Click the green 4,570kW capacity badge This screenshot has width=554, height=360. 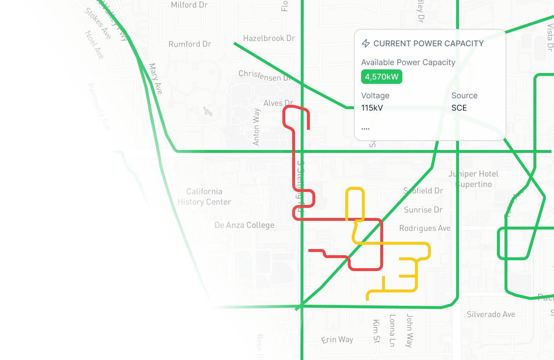click(x=381, y=77)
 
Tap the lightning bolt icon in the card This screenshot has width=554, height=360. click(x=366, y=43)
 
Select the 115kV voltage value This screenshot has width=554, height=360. click(x=372, y=108)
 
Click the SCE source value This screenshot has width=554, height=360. click(x=459, y=108)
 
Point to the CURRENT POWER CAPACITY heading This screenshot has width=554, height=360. click(x=428, y=43)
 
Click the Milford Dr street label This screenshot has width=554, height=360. click(x=189, y=5)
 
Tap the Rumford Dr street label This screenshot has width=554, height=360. click(x=190, y=44)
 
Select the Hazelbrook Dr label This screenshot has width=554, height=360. click(x=269, y=38)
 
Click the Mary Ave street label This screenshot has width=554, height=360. click(x=156, y=79)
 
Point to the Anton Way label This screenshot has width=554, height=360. click(x=256, y=127)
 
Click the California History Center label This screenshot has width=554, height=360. click(x=204, y=197)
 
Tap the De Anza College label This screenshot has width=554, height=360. click(x=244, y=225)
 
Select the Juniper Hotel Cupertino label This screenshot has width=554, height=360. click(x=473, y=179)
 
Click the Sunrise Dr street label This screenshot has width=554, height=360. click(x=423, y=210)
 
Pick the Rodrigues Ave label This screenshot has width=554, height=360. click(x=425, y=228)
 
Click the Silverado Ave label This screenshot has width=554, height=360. click(x=491, y=314)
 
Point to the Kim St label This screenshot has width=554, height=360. click(x=376, y=331)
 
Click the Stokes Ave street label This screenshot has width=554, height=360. click(x=98, y=23)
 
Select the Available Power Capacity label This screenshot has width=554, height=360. click(x=408, y=62)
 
